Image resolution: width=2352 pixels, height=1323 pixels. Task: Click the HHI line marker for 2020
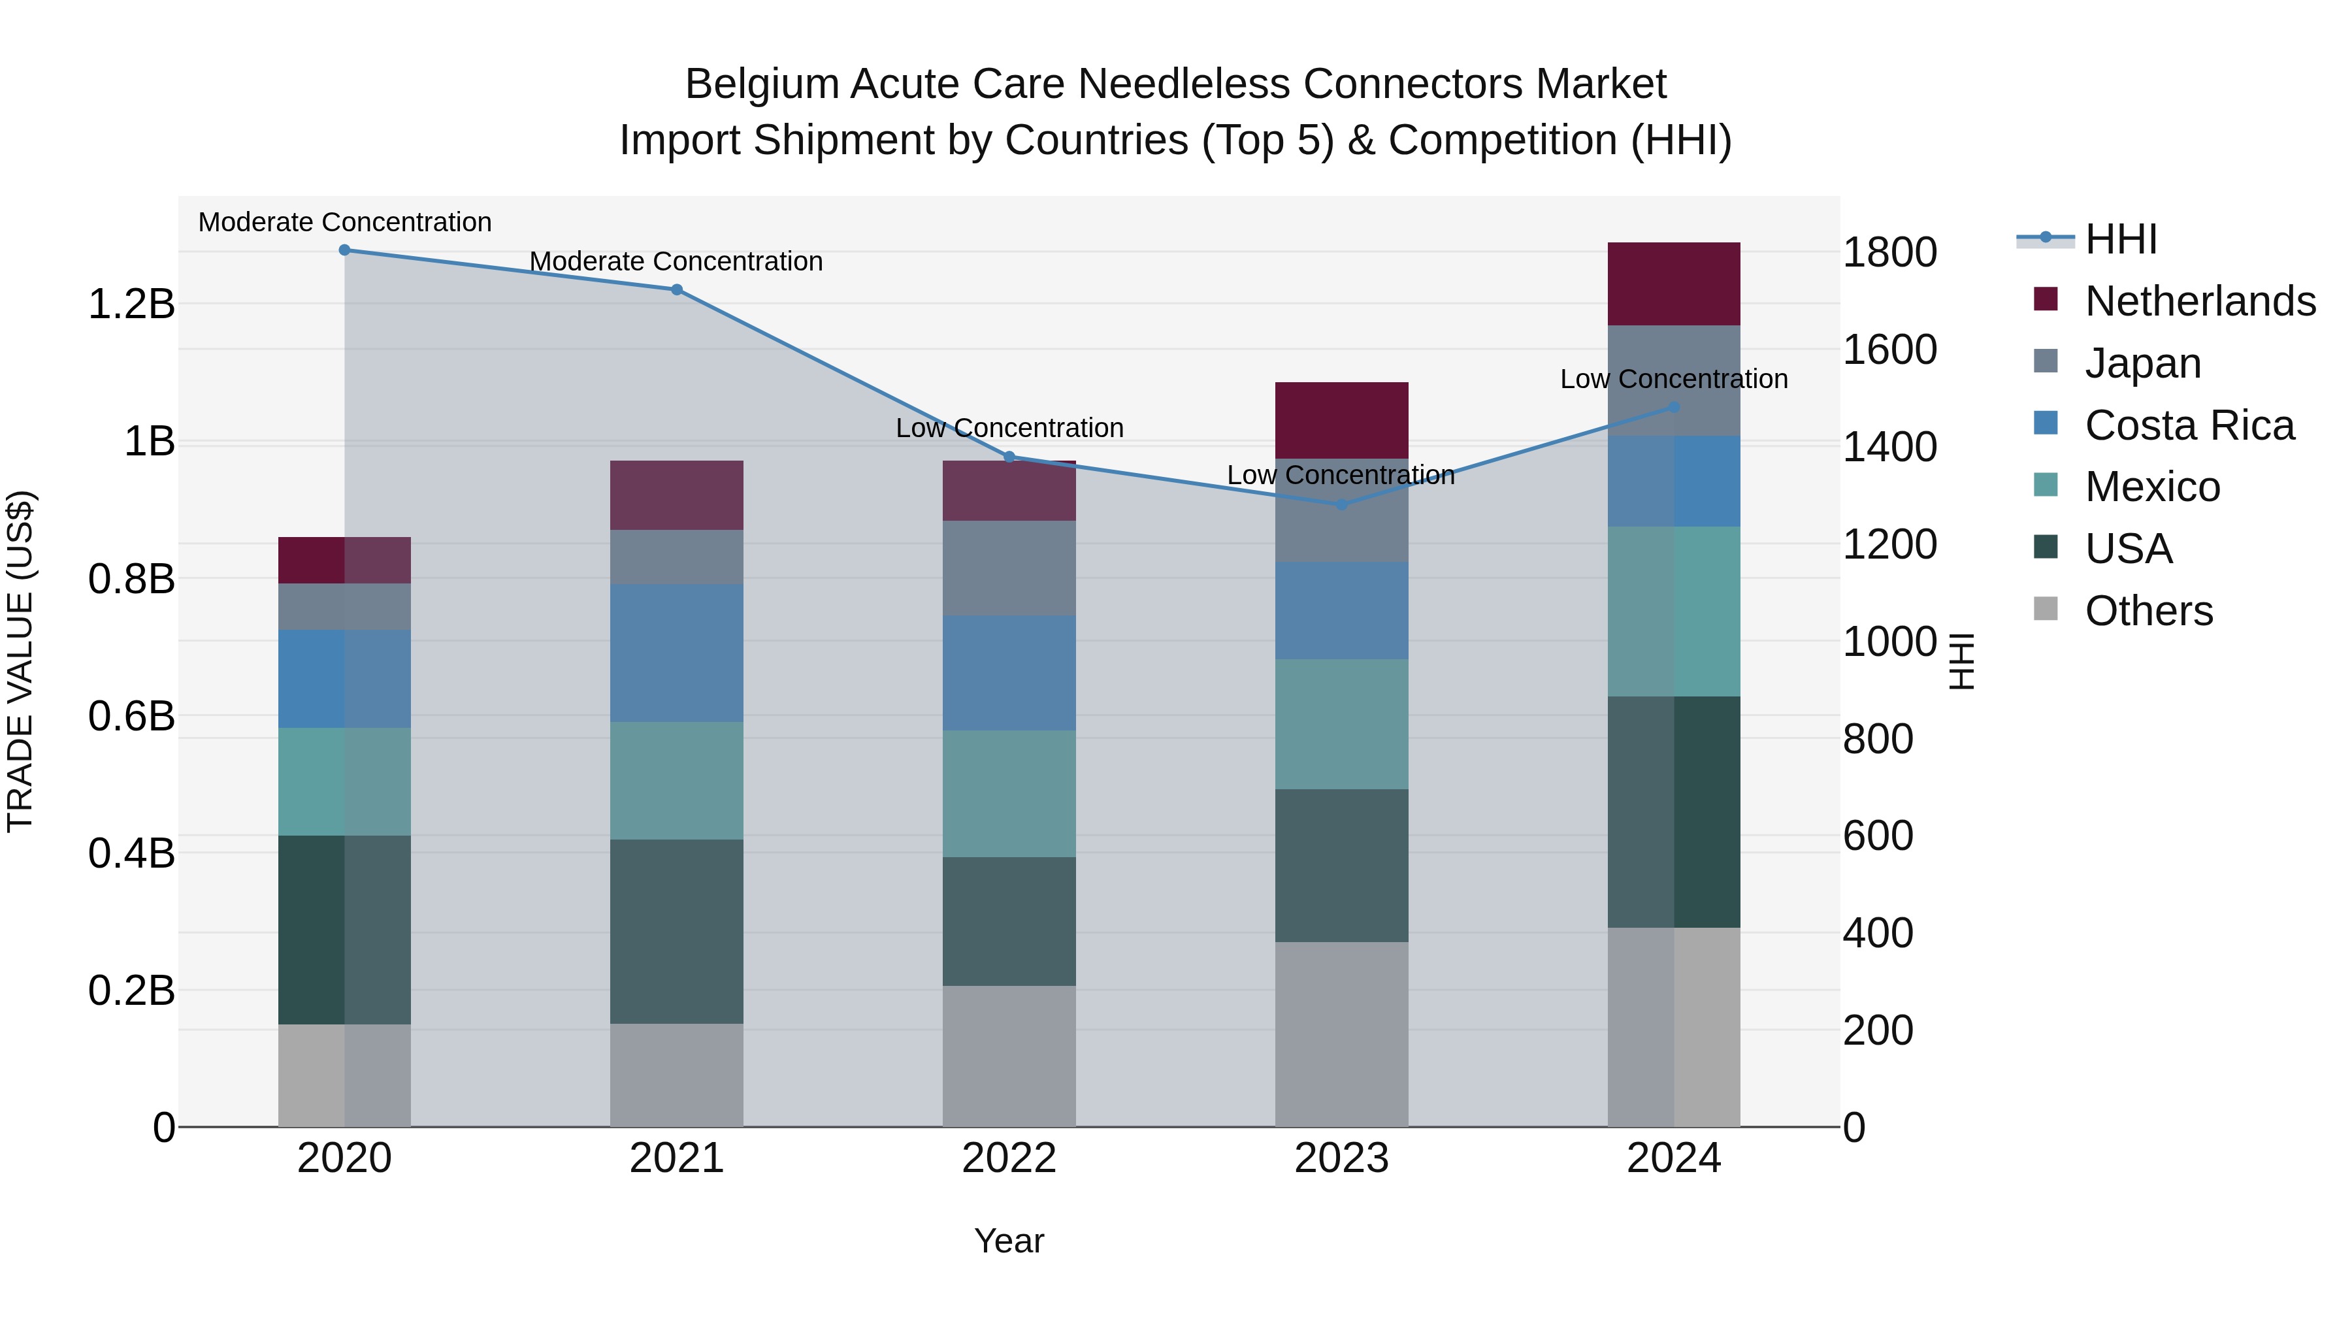[x=344, y=250]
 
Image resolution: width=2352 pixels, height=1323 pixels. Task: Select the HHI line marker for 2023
[x=1341, y=504]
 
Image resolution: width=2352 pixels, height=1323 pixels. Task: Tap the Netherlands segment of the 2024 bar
[x=1674, y=284]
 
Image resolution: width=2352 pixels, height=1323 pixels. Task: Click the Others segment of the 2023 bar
[x=1341, y=1034]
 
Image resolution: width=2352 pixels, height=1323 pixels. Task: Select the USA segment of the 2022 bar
[x=1009, y=921]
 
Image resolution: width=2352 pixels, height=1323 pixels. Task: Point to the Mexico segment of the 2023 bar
[x=1341, y=724]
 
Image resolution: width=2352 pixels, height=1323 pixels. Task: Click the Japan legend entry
[x=2142, y=363]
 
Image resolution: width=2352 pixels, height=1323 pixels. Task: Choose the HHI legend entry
[x=2120, y=239]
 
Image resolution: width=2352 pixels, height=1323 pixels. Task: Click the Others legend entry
[x=2148, y=611]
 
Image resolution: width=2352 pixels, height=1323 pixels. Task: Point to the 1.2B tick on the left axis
[x=131, y=304]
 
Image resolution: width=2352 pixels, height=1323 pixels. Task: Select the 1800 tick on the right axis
[x=1889, y=253]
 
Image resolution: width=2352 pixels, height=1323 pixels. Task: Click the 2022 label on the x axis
[x=1009, y=1158]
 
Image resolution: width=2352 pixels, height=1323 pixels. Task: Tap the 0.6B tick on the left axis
[x=131, y=717]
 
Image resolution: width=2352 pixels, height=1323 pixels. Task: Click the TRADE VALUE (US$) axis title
[x=20, y=661]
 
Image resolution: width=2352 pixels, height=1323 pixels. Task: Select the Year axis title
[x=1009, y=1241]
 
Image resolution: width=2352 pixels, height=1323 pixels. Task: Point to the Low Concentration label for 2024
[x=1674, y=379]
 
